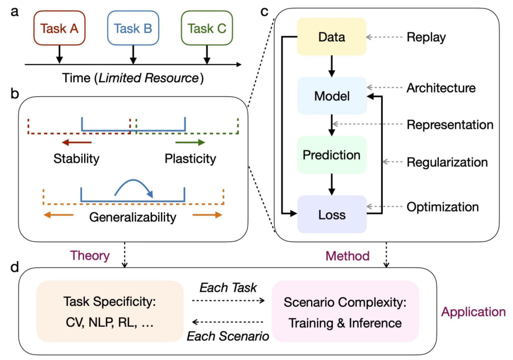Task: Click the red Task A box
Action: (59, 28)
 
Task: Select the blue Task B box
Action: (133, 28)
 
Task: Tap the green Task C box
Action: (207, 28)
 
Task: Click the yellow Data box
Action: (332, 37)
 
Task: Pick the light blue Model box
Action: (332, 96)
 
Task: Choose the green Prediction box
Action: (332, 155)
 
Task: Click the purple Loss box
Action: (332, 214)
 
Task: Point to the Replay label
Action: (426, 37)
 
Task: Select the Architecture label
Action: (441, 88)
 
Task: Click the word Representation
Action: (450, 125)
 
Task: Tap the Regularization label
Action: (447, 162)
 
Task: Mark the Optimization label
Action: (442, 207)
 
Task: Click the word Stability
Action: (76, 158)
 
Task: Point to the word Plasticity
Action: (190, 158)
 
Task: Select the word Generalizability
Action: (133, 218)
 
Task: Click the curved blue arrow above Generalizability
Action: (133, 186)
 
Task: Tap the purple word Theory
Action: (90, 256)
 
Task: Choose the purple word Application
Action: (474, 312)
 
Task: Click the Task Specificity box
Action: (109, 311)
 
